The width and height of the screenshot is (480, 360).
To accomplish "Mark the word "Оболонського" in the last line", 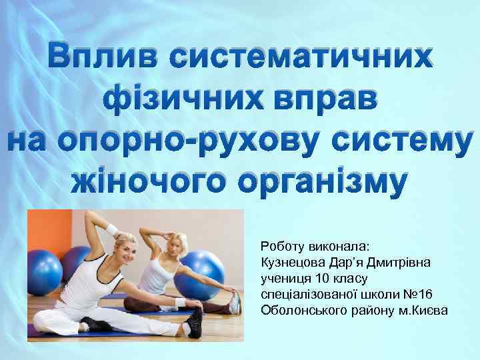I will [x=303, y=310].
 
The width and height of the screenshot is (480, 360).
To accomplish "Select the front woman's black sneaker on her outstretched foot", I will [x=193, y=320].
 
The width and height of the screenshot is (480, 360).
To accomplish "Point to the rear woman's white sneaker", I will [x=234, y=303].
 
